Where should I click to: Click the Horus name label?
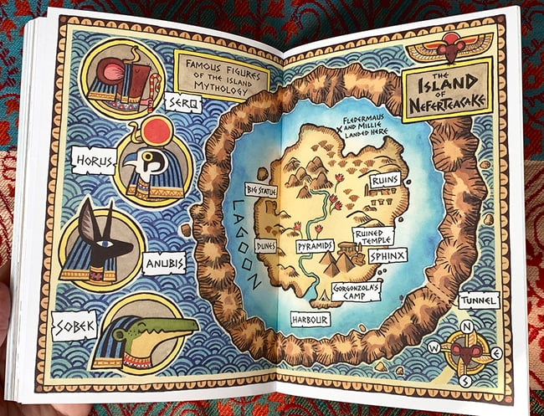(x=92, y=158)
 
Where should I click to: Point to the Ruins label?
(x=389, y=179)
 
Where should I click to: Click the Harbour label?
(x=310, y=319)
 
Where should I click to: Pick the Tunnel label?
(x=479, y=300)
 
